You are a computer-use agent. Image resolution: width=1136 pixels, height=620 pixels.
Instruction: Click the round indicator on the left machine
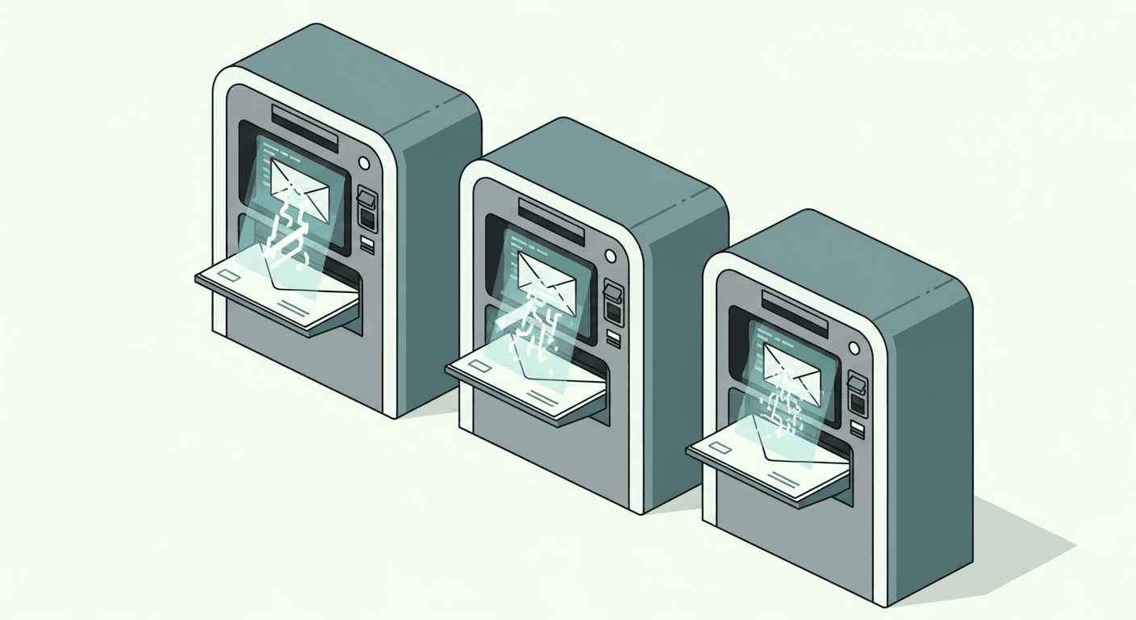click(364, 164)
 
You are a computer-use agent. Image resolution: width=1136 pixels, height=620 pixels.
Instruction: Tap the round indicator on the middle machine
click(610, 256)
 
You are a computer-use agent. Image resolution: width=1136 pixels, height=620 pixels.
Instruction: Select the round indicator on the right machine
click(854, 348)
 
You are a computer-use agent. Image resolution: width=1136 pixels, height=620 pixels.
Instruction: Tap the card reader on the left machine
click(367, 207)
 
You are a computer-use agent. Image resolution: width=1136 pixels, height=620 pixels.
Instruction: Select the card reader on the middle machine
click(613, 300)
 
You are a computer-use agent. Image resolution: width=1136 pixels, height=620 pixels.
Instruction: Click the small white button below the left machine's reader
click(367, 243)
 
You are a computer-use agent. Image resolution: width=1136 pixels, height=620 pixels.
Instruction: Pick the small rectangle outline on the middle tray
click(478, 367)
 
